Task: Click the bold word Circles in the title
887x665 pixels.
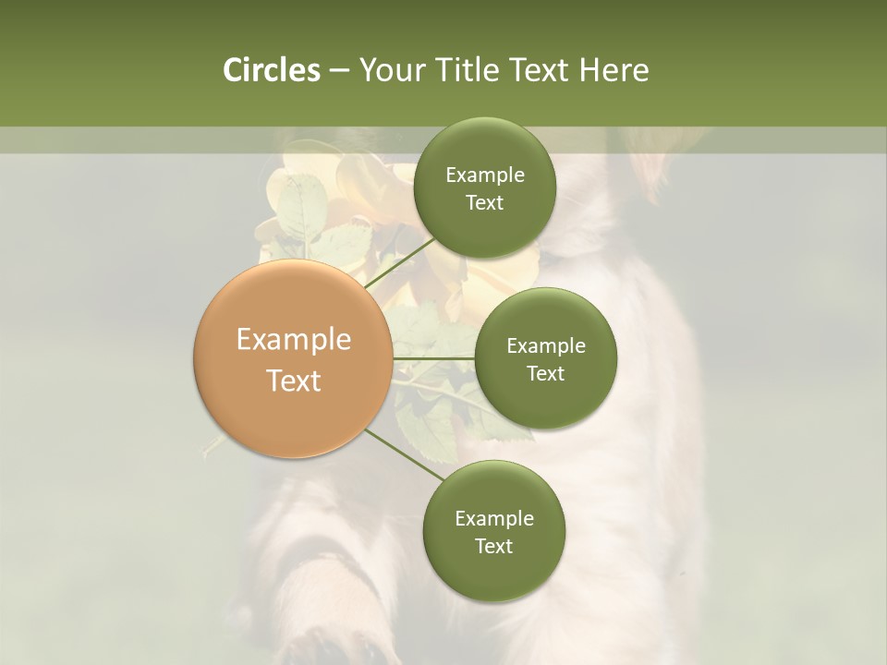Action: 271,70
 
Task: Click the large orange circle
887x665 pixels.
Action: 293,358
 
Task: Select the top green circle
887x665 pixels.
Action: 484,188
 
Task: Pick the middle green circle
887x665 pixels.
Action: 545,358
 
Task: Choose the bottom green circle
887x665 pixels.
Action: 493,531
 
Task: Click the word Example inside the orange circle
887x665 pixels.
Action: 293,340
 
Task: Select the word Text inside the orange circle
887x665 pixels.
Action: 293,381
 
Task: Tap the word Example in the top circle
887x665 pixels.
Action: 484,175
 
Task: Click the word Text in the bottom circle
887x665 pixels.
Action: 493,546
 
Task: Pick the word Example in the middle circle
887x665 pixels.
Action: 545,346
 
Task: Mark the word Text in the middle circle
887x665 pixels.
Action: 545,373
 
